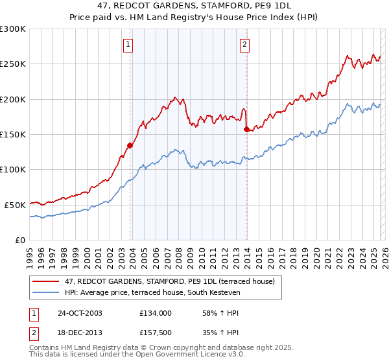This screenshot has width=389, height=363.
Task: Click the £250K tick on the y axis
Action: click(13, 64)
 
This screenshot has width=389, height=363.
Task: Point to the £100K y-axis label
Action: click(13, 169)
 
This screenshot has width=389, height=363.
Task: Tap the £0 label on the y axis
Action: click(19, 240)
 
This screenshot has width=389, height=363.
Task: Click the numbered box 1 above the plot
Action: click(128, 45)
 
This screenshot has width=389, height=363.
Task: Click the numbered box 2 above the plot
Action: click(244, 45)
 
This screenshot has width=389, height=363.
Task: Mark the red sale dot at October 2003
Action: click(130, 145)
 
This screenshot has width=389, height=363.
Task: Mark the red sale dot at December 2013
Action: click(246, 130)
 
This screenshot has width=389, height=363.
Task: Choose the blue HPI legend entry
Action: click(152, 293)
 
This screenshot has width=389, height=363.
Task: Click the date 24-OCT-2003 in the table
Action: click(80, 313)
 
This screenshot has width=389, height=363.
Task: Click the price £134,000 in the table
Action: click(155, 313)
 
